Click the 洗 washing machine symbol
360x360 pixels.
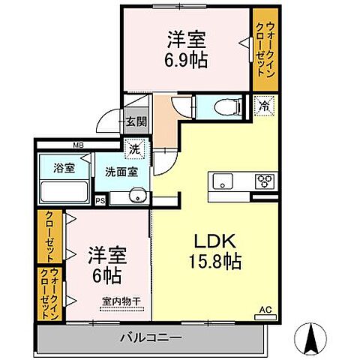pyautogui.click(x=133, y=149)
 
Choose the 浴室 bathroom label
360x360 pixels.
pyautogui.click(x=64, y=168)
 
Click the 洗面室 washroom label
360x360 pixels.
pyautogui.click(x=121, y=171)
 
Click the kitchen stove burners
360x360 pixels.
pyautogui.click(x=265, y=181)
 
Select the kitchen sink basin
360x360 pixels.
pyautogui.click(x=224, y=181)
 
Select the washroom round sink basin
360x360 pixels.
pyautogui.click(x=134, y=198)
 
